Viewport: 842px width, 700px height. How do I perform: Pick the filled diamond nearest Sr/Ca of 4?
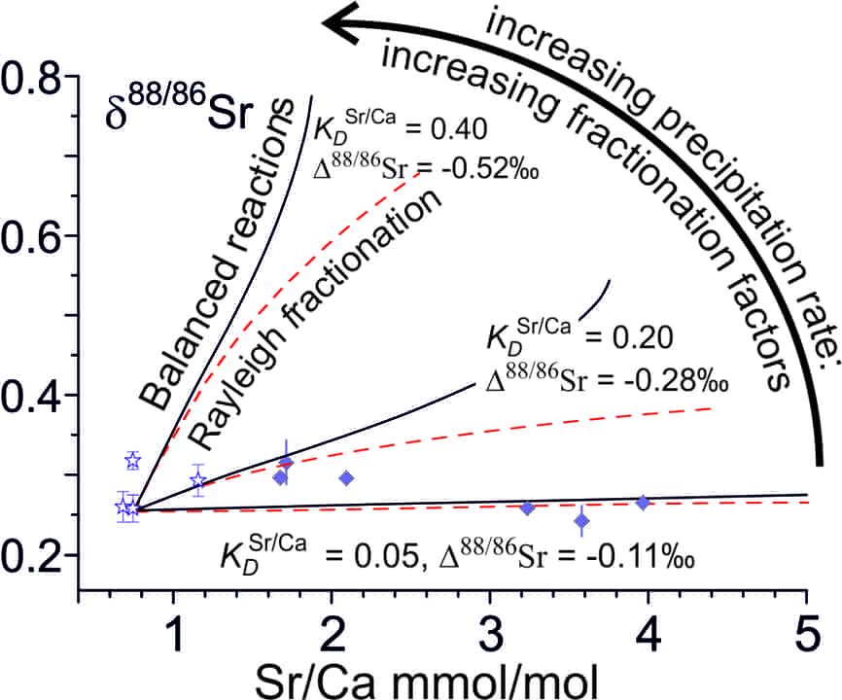pos(643,503)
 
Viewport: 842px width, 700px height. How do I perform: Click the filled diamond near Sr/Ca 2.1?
pos(346,478)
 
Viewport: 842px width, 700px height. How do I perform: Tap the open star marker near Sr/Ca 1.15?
pos(198,481)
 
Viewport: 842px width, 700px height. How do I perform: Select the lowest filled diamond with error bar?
pos(581,521)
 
